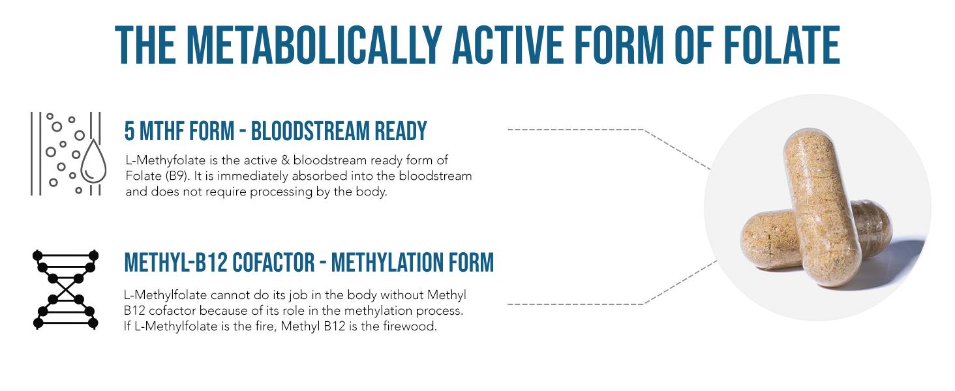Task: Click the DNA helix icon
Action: (65, 289)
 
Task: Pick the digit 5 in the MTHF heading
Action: (130, 132)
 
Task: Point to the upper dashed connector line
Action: (587, 130)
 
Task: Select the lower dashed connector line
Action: (587, 304)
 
